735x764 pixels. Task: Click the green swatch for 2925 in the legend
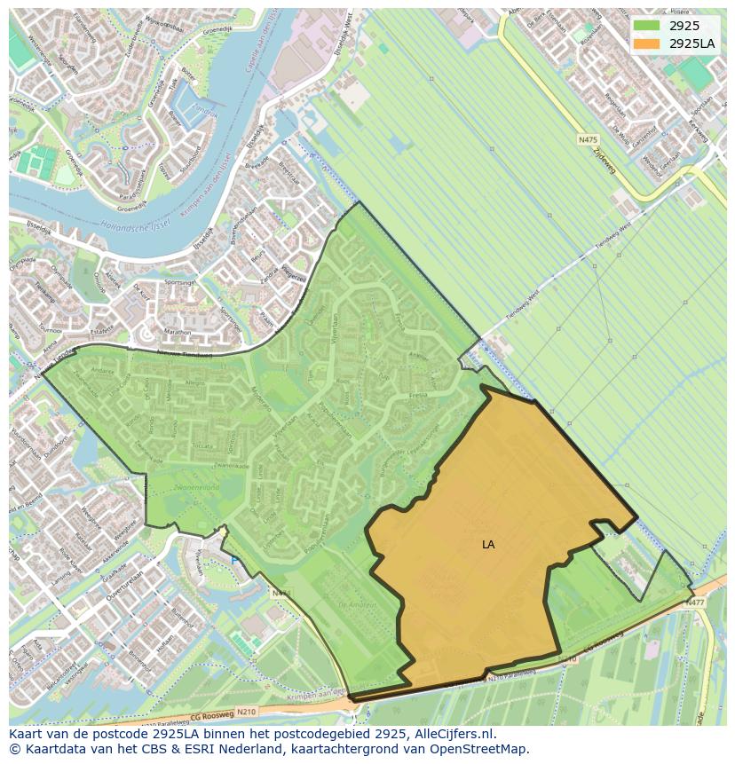point(646,26)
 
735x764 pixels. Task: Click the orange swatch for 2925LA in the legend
point(646,43)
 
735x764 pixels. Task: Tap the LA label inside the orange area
point(488,545)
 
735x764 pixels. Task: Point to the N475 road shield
point(588,139)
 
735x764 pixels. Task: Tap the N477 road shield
point(694,603)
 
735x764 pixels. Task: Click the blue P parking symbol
point(234,561)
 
